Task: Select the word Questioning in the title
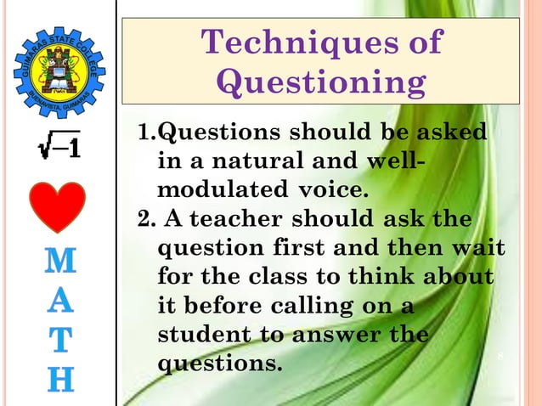321,82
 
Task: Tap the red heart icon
58,207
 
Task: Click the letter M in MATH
58,262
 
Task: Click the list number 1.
145,133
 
